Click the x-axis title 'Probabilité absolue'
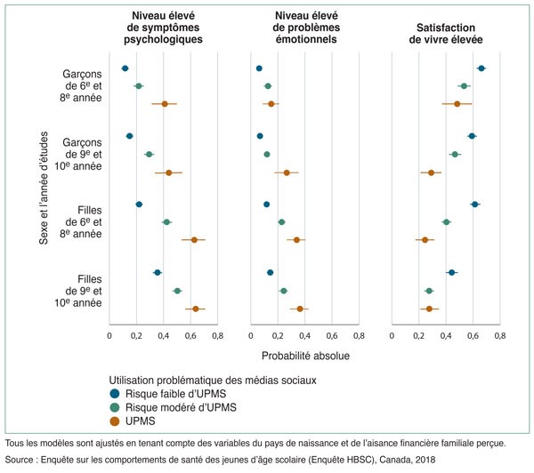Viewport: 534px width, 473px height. pos(304,357)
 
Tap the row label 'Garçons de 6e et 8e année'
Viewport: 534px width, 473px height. pos(82,86)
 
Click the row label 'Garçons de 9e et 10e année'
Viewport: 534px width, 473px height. pos(82,154)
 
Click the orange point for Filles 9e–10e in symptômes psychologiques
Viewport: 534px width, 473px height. pos(195,309)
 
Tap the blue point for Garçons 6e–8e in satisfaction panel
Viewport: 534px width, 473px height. pos(481,68)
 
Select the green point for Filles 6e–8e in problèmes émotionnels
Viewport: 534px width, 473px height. pos(281,221)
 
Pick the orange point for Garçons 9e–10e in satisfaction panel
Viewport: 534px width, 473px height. pos(431,172)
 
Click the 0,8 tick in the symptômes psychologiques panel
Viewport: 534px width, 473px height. pos(217,336)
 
